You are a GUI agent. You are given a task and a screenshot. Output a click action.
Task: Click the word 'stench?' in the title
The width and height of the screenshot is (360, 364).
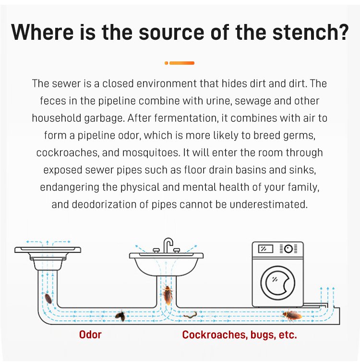pos(311,32)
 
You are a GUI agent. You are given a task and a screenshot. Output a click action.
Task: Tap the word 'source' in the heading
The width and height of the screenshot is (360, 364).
pos(171,32)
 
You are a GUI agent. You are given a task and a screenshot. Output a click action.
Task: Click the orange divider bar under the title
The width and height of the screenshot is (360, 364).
pos(180,63)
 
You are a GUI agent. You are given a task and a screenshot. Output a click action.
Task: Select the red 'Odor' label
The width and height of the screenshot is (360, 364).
pos(90,335)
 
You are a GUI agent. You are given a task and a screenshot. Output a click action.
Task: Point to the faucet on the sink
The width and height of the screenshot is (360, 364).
pos(168,245)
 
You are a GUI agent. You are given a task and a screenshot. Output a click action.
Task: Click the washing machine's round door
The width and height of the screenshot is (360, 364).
pos(278,283)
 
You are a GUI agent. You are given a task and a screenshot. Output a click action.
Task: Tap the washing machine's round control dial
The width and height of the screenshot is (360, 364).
pos(288,249)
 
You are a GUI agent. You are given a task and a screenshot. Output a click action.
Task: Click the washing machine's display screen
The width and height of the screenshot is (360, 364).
pos(265,249)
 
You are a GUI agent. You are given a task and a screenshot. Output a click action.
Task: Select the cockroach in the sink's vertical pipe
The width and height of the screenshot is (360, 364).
pos(168,295)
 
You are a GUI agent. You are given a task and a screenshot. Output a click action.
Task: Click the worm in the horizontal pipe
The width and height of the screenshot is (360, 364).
pos(191,315)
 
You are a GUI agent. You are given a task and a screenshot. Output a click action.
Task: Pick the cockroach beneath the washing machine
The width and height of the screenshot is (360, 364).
pos(292,315)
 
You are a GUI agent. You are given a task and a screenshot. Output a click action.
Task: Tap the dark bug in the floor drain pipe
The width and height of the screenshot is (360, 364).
pos(48,298)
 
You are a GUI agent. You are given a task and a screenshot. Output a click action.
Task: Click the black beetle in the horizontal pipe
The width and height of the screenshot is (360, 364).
pos(120,316)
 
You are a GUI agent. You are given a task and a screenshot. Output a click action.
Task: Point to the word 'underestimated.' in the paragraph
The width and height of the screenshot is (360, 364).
pos(269,204)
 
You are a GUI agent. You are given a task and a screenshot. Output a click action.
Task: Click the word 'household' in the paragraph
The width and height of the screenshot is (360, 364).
pos(57,118)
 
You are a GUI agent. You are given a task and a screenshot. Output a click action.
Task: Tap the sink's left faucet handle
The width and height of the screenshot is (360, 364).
pos(156,250)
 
